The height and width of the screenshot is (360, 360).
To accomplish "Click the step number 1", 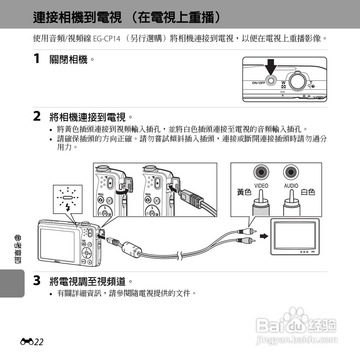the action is [x=37, y=58].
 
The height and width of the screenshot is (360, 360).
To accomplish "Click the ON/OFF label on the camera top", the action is [x=259, y=83].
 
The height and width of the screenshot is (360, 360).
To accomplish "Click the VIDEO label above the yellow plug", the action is [x=261, y=186].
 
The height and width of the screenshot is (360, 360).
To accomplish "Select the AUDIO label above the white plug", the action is [x=291, y=186].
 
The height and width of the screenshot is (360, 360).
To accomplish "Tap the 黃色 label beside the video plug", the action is [x=244, y=192].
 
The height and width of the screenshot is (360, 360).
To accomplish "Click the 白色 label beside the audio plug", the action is [x=308, y=192].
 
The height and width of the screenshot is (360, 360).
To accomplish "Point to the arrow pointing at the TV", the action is [x=264, y=236].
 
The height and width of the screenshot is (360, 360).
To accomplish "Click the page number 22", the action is [x=39, y=342].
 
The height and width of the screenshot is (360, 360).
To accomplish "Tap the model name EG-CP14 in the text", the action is [x=107, y=39].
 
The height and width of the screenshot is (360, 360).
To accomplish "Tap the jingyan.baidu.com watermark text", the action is [x=297, y=340].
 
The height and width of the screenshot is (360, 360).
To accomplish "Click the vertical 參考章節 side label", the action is [x=18, y=249].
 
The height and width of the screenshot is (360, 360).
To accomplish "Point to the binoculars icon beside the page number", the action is [x=27, y=342].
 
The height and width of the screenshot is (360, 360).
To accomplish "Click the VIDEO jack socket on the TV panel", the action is [x=261, y=172].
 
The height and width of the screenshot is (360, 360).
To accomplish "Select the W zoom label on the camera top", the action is [x=283, y=83].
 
